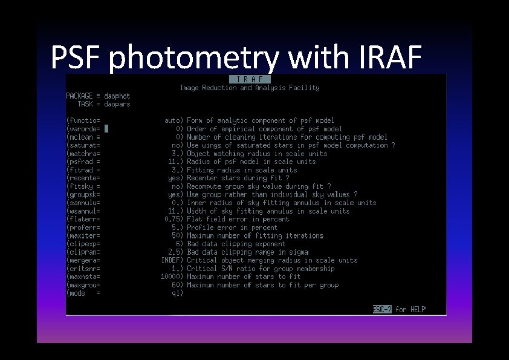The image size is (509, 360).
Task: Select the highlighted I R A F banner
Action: (250, 79)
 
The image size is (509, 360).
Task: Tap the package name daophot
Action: (117, 96)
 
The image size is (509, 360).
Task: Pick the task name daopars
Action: (117, 104)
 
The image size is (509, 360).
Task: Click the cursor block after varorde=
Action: (106, 129)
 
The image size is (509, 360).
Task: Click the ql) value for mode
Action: (177, 293)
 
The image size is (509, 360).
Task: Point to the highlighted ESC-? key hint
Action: (383, 310)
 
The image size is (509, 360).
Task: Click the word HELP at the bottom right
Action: (418, 310)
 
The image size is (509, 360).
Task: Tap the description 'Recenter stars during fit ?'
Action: (238, 178)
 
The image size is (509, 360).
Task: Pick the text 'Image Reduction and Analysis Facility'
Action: (250, 88)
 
